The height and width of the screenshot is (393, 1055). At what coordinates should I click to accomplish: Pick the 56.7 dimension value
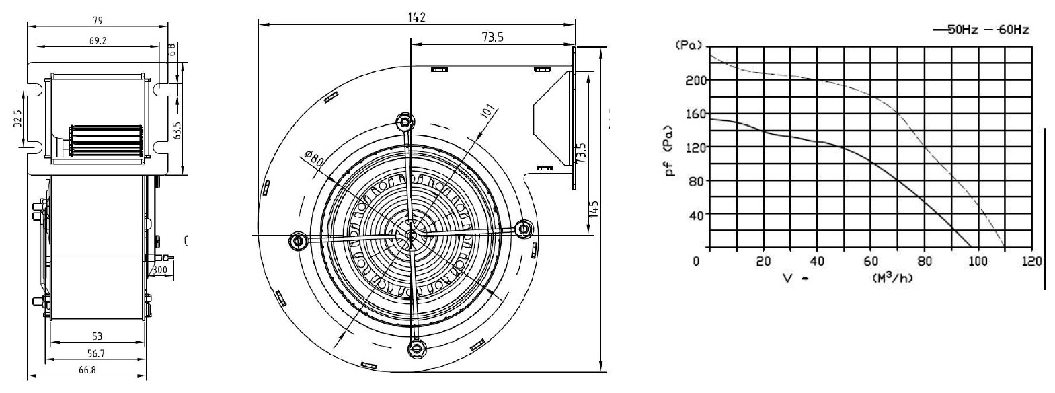coord(97,353)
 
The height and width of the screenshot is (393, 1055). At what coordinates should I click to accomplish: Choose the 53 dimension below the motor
coord(97,336)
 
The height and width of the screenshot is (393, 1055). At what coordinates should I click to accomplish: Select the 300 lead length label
coord(159,271)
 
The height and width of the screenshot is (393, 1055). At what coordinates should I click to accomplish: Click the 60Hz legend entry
coord(1010,30)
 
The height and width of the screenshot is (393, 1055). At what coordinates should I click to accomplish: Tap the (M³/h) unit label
coord(892,277)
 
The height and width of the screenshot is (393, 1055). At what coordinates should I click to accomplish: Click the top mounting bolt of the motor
coord(405,122)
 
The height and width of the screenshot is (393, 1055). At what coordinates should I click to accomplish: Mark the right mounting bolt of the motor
coord(523,229)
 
